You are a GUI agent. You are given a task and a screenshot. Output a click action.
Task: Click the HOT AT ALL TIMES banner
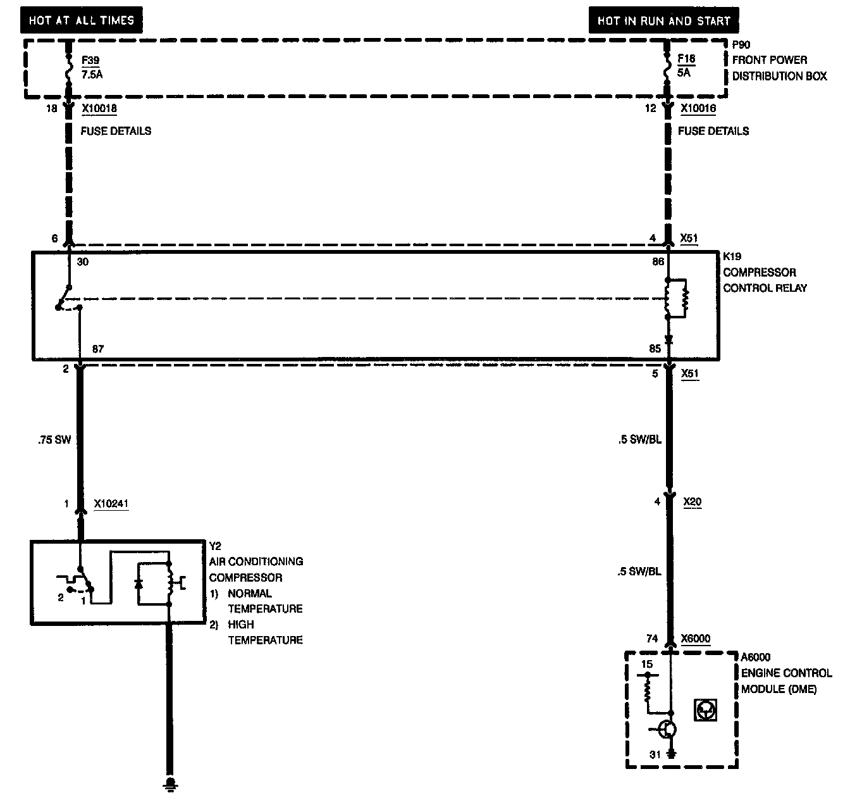click(82, 20)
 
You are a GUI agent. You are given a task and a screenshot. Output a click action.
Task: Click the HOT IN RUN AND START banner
click(663, 20)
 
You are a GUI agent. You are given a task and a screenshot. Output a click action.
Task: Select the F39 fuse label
click(90, 61)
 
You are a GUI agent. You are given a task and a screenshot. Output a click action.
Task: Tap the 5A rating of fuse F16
click(684, 73)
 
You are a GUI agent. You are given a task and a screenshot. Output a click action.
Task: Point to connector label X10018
click(99, 109)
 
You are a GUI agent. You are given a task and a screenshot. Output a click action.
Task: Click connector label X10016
click(698, 109)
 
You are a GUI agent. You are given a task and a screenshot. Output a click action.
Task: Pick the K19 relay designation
click(732, 257)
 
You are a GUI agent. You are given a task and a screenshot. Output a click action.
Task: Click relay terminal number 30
click(83, 261)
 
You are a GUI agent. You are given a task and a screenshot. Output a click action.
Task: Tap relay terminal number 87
click(97, 349)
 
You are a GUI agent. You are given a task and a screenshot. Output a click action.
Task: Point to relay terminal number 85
click(655, 349)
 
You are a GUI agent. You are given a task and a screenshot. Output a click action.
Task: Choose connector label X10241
click(111, 504)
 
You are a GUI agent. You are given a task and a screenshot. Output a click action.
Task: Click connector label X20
click(693, 502)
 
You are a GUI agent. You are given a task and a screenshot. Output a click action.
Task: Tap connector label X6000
click(695, 639)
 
